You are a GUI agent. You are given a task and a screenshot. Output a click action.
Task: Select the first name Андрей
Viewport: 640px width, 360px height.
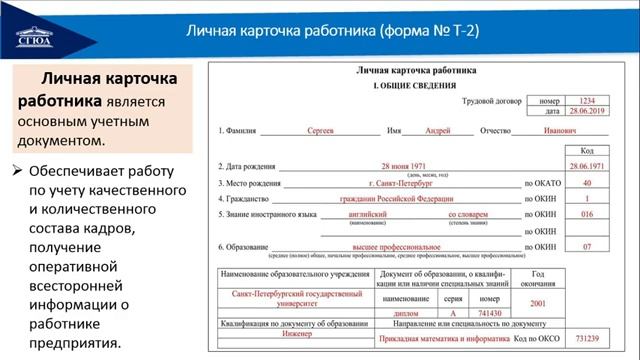click(437, 130)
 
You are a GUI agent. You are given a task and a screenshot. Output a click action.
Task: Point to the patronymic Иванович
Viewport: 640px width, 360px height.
click(561, 130)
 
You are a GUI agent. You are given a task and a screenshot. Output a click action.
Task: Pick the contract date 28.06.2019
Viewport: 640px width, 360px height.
click(586, 112)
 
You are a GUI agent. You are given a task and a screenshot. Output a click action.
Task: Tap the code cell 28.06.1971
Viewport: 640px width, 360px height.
click(586, 165)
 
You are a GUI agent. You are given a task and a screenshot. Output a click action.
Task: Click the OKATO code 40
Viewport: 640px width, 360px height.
click(586, 184)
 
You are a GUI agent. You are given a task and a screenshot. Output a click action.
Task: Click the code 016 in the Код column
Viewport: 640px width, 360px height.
click(586, 214)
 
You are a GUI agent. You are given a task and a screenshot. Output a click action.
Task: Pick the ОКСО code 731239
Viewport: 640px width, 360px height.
click(585, 341)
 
